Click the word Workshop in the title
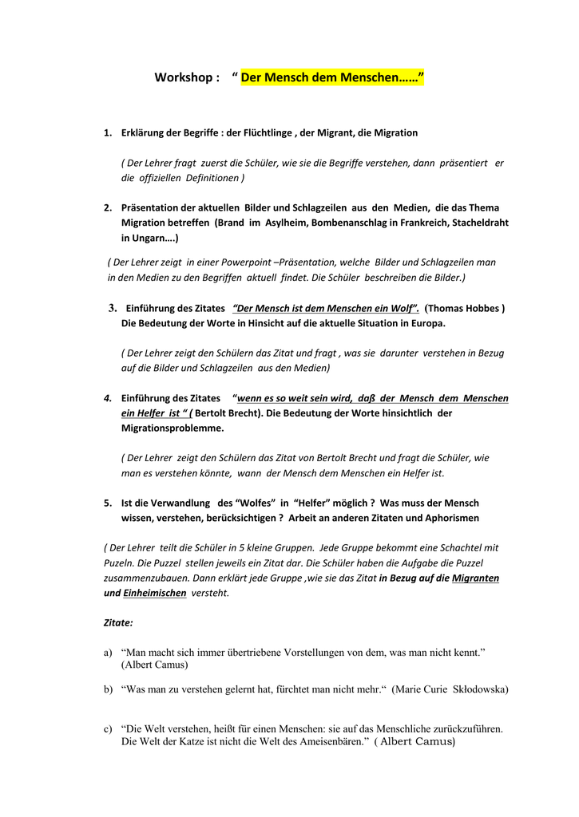click(183, 78)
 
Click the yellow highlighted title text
click(332, 78)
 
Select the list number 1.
click(107, 132)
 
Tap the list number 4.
click(107, 397)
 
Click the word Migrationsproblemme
click(173, 428)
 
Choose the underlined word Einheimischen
click(155, 593)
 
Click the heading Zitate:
click(118, 622)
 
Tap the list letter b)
click(108, 689)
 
